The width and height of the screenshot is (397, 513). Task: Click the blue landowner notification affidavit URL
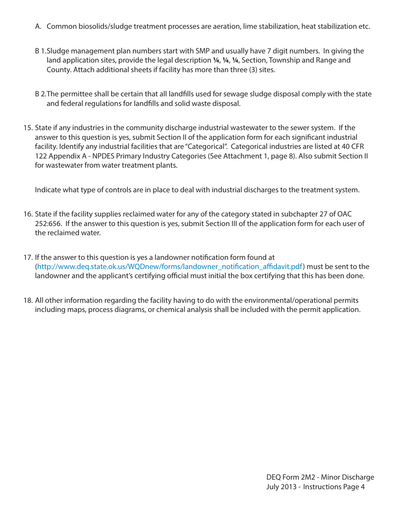click(x=169, y=267)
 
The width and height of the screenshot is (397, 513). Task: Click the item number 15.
click(x=28, y=128)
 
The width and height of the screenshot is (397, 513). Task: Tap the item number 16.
click(x=28, y=214)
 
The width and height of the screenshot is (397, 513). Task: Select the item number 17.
click(x=28, y=257)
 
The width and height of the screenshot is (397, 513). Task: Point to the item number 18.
click(x=28, y=300)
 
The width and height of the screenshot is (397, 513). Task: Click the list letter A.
click(x=38, y=26)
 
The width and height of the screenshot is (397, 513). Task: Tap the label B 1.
click(x=41, y=51)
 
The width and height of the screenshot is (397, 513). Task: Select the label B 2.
click(x=41, y=94)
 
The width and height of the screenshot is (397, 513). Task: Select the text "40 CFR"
click(x=352, y=146)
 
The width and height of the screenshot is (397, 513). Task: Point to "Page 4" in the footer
click(x=354, y=487)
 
